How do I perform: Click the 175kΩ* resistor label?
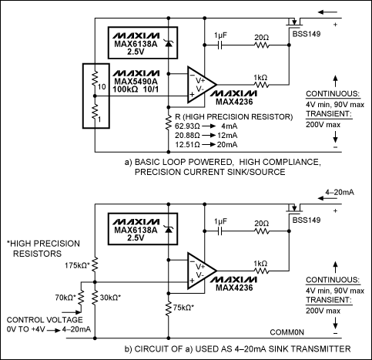point(76,265)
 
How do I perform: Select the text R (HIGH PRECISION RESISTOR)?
point(229,116)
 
